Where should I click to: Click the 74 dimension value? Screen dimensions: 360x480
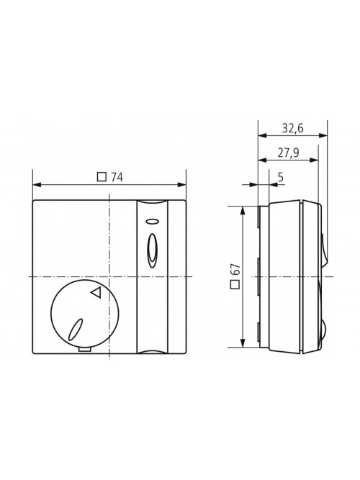[x=117, y=177]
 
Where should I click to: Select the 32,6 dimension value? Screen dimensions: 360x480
[x=292, y=128]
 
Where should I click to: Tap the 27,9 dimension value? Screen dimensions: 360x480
[x=288, y=153]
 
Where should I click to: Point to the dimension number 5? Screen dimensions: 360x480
[x=281, y=177]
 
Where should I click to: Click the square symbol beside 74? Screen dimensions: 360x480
[x=102, y=177]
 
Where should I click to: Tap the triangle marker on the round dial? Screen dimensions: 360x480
[x=96, y=292]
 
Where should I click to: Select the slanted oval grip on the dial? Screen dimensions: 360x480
[x=76, y=330]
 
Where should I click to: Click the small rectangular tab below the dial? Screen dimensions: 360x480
[x=84, y=350]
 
